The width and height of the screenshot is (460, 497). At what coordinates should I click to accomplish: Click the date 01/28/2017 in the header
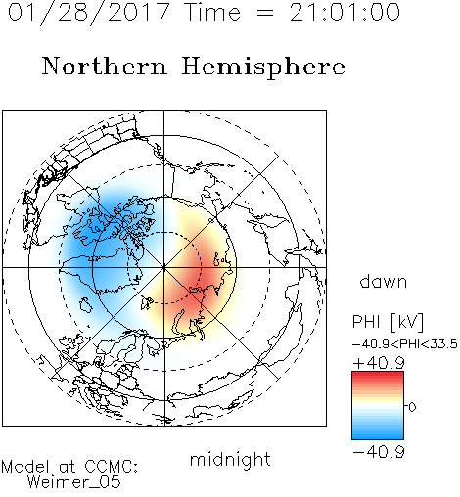pos(89,13)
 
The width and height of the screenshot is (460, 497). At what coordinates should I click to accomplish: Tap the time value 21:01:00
pos(345,12)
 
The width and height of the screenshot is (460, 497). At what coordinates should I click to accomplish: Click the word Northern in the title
pos(105,66)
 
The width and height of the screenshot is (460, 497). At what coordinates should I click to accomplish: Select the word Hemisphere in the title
pos(263,68)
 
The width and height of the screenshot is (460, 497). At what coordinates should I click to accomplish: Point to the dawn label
pos(384,281)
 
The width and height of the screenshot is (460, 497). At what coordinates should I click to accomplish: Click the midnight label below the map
pos(230,459)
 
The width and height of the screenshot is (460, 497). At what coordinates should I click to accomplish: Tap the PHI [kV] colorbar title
pos(388,322)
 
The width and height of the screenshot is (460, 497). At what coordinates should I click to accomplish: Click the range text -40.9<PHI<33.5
pos(405,344)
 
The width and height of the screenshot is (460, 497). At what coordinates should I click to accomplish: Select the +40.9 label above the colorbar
pos(379,363)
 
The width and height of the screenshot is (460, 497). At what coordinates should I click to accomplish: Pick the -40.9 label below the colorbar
pos(379,452)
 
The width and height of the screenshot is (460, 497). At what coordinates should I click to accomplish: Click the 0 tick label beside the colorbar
pos(412,407)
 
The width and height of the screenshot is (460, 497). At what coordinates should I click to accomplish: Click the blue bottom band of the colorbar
pos(378,434)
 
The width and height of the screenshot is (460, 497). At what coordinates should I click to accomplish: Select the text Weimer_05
pos(74,482)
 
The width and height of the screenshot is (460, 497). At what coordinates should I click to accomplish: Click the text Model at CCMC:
pos(69,467)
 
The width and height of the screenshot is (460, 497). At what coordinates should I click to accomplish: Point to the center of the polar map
pos(164,267)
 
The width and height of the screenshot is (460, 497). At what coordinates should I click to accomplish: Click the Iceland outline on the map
pos(85,305)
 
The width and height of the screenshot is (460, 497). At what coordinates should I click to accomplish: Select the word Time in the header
pos(212,13)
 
